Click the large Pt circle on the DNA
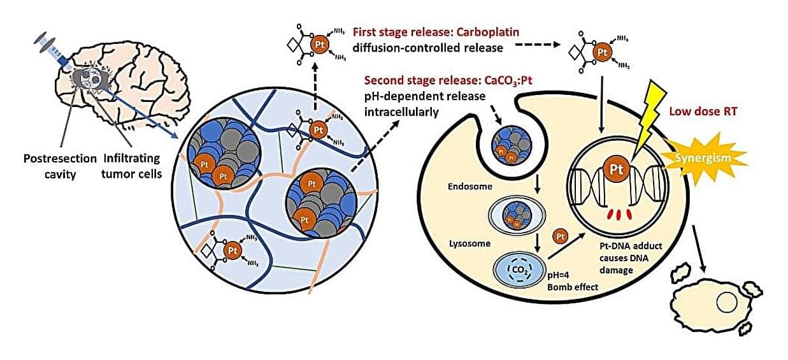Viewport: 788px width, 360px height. click(617, 170)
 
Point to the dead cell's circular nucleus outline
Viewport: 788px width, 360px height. click(726, 302)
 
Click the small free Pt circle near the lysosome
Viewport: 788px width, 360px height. click(560, 236)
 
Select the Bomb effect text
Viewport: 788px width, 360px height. click(571, 287)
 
